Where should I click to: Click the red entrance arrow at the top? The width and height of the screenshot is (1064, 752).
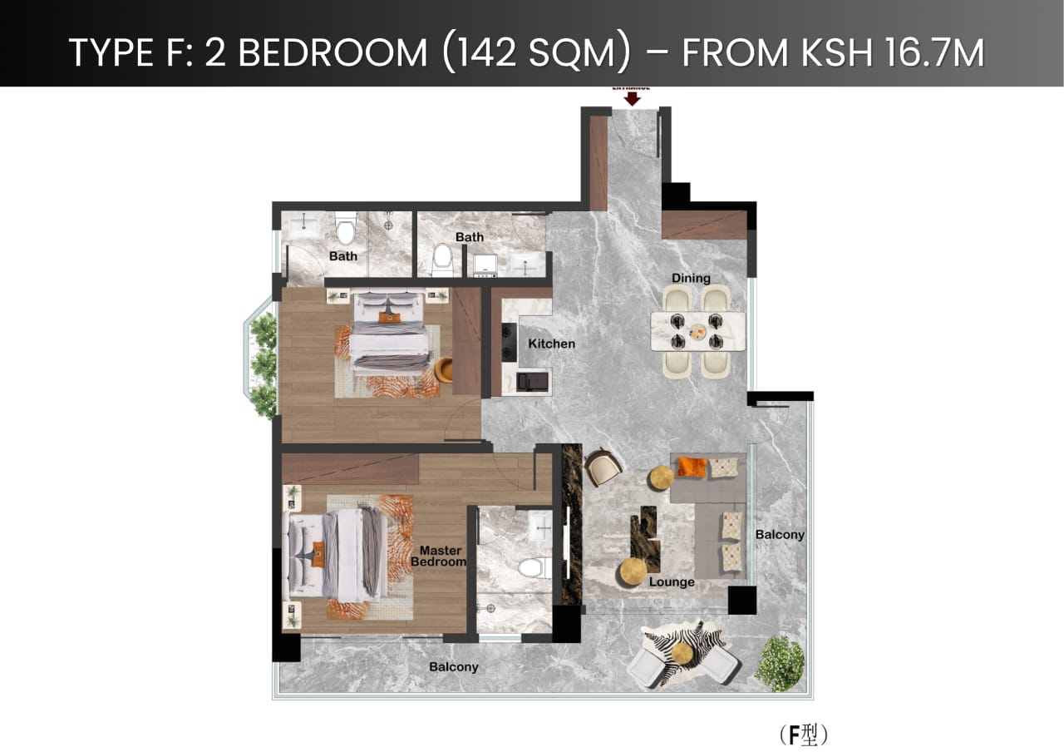coord(633,98)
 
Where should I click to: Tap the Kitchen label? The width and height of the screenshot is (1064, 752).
coord(551,344)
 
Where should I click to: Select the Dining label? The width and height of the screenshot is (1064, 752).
coord(691,278)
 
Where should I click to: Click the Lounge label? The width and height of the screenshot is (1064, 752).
coord(672,581)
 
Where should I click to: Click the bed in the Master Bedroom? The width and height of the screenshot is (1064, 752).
coord(336,553)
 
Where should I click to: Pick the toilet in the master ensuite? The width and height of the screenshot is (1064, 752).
coord(530,569)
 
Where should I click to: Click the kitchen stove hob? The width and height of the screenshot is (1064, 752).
coord(509,341)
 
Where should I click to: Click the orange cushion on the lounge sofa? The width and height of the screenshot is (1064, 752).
coord(691,467)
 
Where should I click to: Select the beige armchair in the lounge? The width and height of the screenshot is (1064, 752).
coord(602,467)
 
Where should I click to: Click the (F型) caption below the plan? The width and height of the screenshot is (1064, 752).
coord(805,735)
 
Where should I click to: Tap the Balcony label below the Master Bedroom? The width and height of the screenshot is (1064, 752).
coord(453,666)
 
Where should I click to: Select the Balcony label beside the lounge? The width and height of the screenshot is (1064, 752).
coord(779,534)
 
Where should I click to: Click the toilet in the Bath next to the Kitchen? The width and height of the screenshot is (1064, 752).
coord(442,260)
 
